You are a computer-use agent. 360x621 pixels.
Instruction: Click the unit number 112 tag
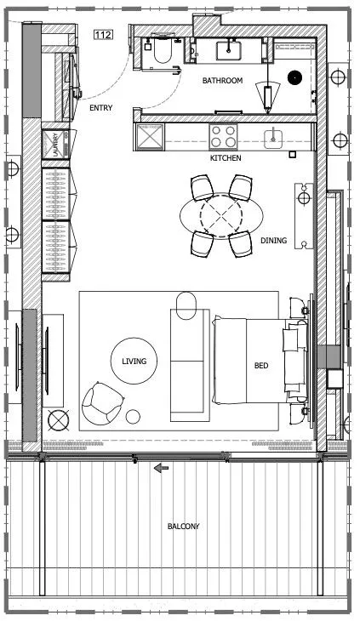pyautogui.click(x=103, y=35)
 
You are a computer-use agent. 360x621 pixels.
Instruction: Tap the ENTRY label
pyautogui.click(x=101, y=108)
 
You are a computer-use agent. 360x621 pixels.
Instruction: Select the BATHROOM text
pyautogui.click(x=222, y=81)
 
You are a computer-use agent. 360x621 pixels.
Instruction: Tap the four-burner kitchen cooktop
pyautogui.click(x=224, y=137)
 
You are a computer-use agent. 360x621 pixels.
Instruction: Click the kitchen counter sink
pyautogui.click(x=275, y=138)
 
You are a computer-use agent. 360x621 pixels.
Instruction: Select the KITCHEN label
pyautogui.click(x=226, y=158)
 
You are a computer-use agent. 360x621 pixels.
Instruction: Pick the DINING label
pyautogui.click(x=273, y=241)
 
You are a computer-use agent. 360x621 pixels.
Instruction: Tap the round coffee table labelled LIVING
pyautogui.click(x=134, y=362)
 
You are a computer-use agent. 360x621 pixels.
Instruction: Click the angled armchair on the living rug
pyautogui.click(x=102, y=402)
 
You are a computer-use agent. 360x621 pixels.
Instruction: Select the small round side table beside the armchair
pyautogui.click(x=134, y=417)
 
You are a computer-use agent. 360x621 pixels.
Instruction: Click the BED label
pyautogui.click(x=261, y=366)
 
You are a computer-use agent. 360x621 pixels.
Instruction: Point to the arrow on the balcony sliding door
pyautogui.click(x=161, y=467)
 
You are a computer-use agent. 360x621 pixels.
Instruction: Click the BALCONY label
pyautogui.click(x=183, y=527)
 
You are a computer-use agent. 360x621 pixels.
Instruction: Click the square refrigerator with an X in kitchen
pyautogui.click(x=151, y=136)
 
